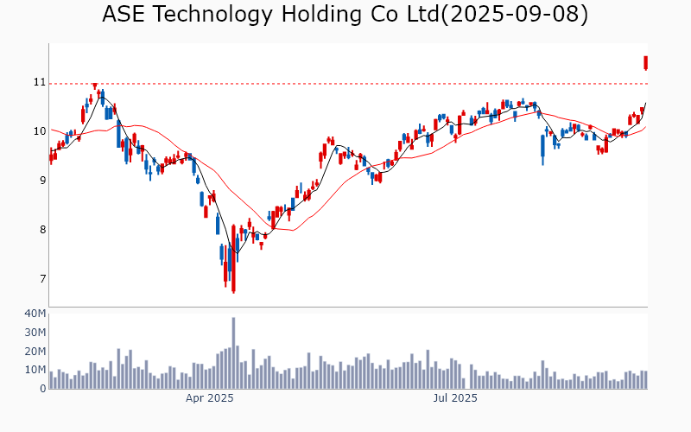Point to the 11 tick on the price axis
[39, 82]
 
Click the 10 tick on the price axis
[39, 131]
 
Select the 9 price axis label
[39, 181]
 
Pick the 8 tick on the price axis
[39, 230]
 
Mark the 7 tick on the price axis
[39, 279]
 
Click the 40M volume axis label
[35, 313]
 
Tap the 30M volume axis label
[35, 332]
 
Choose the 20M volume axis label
[35, 351]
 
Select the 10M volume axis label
[35, 370]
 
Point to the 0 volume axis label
[42, 389]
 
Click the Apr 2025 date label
[210, 398]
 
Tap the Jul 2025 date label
[455, 398]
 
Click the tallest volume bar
[233, 353]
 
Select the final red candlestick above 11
[645, 62]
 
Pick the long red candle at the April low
[233, 259]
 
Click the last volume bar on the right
[645, 379]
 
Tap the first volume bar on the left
[51, 380]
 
